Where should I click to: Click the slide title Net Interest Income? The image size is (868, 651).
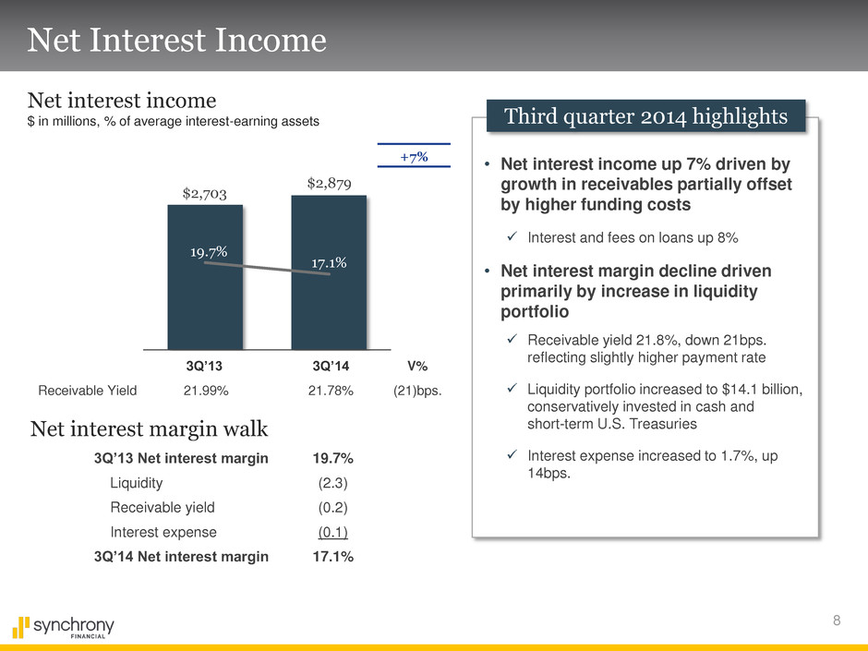[176, 40]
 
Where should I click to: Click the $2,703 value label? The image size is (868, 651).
[204, 193]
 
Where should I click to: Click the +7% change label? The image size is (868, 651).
[413, 157]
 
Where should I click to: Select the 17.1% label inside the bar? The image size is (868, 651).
[329, 263]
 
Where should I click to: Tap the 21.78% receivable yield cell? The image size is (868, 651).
[331, 391]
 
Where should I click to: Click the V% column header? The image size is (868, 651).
[416, 366]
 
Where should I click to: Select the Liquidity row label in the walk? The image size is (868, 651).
[136, 482]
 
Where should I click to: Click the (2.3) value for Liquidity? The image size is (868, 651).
[333, 482]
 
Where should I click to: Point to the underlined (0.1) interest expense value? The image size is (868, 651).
[333, 532]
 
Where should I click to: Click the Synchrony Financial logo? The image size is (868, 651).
[63, 627]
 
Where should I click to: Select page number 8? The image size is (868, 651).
[837, 621]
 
